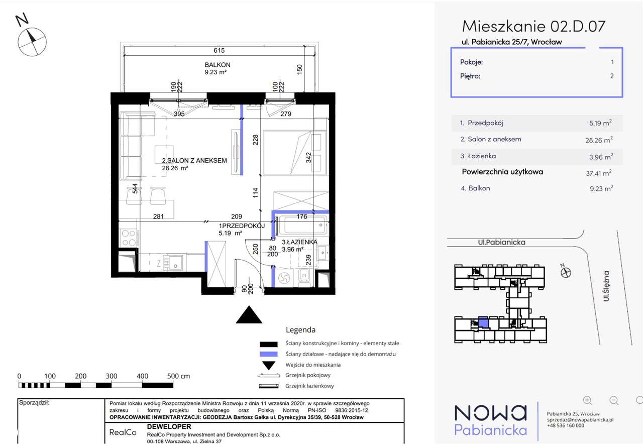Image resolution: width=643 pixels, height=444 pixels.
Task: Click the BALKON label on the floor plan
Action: tap(218, 65)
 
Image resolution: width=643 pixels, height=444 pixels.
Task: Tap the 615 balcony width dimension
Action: tap(219, 51)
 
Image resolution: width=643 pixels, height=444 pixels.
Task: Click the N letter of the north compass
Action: tap(22, 20)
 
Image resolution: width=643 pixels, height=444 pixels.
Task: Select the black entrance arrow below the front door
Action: tap(249, 314)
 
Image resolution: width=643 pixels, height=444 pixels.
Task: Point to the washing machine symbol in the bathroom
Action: tap(284, 278)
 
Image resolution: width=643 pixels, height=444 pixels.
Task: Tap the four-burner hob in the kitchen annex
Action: tap(128, 238)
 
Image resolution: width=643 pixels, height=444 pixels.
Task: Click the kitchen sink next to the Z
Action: tap(173, 263)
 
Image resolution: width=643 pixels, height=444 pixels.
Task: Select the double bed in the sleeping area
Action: tap(294, 153)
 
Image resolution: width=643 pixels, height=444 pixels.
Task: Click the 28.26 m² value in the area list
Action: tap(599, 140)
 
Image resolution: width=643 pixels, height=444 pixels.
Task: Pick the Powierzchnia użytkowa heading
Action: tap(502, 172)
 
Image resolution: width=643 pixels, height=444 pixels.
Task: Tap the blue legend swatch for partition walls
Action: tap(268, 354)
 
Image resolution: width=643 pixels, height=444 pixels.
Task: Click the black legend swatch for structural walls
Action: tap(268, 344)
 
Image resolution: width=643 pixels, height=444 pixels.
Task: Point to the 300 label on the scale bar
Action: tap(112, 376)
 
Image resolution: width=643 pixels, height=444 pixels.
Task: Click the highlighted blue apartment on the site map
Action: tap(483, 322)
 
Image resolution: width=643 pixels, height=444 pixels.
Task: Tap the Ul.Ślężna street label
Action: tap(606, 286)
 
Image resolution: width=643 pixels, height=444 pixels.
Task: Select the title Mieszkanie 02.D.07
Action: tap(533, 27)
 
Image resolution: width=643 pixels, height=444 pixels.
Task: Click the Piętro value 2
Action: tap(612, 76)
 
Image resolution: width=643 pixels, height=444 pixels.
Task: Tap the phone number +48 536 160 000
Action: tap(566, 425)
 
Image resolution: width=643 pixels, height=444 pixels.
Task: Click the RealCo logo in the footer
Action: tap(123, 432)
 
